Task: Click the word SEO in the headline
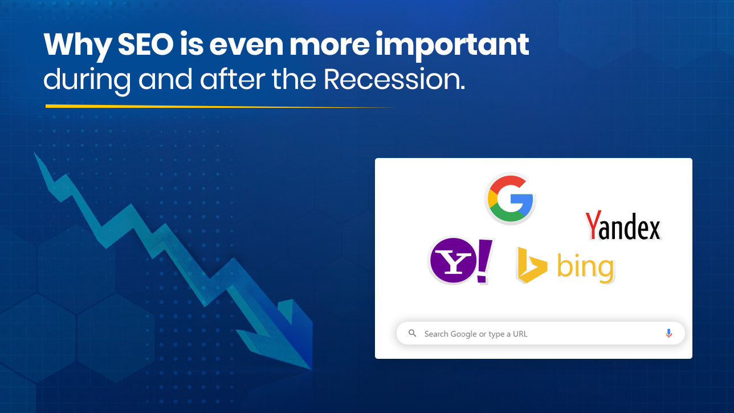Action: pyautogui.click(x=145, y=44)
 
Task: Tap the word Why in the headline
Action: pyautogui.click(x=78, y=47)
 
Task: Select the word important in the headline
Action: pyautogui.click(x=452, y=46)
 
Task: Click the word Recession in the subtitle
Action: pyautogui.click(x=394, y=79)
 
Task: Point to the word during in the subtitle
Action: pyautogui.click(x=87, y=81)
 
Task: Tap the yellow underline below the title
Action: pyautogui.click(x=220, y=106)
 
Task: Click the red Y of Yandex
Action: pyautogui.click(x=593, y=224)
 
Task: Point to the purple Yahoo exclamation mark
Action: pyautogui.click(x=484, y=261)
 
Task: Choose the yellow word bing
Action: pyautogui.click(x=585, y=268)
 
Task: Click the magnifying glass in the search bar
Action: pyautogui.click(x=412, y=333)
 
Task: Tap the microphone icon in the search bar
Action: pyautogui.click(x=669, y=333)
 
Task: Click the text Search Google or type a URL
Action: pyautogui.click(x=476, y=334)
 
